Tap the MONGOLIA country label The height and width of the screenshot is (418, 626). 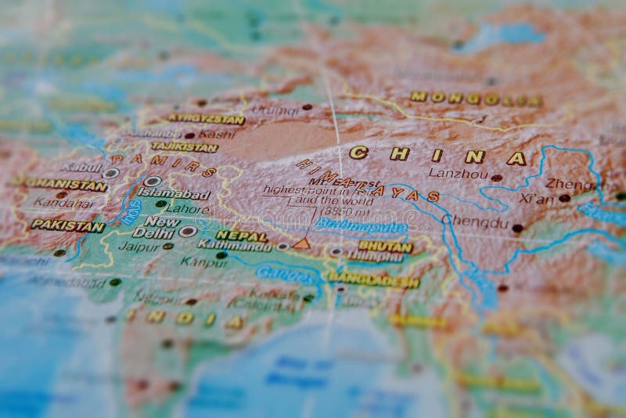coord(476,99)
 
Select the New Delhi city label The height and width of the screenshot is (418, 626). coord(153,227)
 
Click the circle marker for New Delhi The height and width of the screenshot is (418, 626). coord(187,232)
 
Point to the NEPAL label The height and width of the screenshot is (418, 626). coord(242,236)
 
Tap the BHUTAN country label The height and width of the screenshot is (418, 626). coord(385,247)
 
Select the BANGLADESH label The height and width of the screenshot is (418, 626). coord(373,280)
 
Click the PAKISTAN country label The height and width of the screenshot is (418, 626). coord(68,225)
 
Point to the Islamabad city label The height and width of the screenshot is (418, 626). coord(174,194)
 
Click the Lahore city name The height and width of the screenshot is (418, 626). coord(187,209)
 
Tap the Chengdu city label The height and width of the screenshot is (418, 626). coord(474,221)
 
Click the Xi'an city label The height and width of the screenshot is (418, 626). coord(536,199)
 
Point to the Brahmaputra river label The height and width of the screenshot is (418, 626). coord(361,227)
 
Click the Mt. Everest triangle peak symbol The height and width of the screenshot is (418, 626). coord(301,243)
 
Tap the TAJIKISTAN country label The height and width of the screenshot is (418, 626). coord(185,146)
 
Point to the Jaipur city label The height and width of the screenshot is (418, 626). coord(139,246)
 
